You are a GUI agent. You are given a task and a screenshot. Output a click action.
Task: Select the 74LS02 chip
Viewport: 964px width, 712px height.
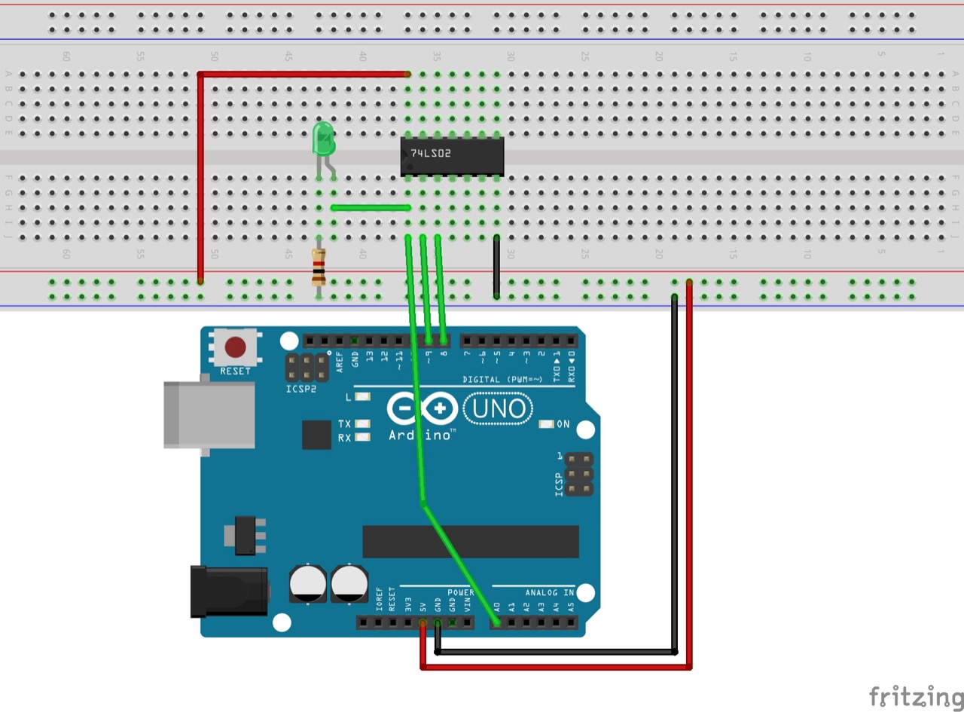[x=452, y=157]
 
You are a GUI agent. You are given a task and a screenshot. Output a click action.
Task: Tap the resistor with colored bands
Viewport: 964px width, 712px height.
[x=319, y=267]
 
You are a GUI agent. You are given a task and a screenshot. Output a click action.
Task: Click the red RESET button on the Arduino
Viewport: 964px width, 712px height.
[x=235, y=347]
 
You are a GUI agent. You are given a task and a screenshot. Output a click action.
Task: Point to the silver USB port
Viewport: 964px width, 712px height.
[x=208, y=414]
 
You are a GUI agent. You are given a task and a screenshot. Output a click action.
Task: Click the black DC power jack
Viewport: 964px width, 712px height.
[x=229, y=591]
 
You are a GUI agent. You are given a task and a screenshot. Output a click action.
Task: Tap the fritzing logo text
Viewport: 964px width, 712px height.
[x=915, y=695]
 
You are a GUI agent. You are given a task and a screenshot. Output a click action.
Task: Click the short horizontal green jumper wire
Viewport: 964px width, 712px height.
[x=371, y=208]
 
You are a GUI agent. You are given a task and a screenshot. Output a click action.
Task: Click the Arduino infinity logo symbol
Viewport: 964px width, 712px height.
[x=423, y=409]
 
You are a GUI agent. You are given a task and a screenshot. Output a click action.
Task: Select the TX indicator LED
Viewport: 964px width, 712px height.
[x=363, y=424]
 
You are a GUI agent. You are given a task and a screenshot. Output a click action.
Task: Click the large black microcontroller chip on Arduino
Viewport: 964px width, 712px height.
[x=471, y=542]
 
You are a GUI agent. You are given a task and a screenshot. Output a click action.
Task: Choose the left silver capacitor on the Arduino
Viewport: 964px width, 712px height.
[x=308, y=584]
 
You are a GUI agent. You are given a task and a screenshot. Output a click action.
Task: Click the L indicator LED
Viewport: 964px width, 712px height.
[x=363, y=397]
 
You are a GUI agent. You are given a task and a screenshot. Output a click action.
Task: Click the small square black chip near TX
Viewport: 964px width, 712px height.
[x=316, y=435]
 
